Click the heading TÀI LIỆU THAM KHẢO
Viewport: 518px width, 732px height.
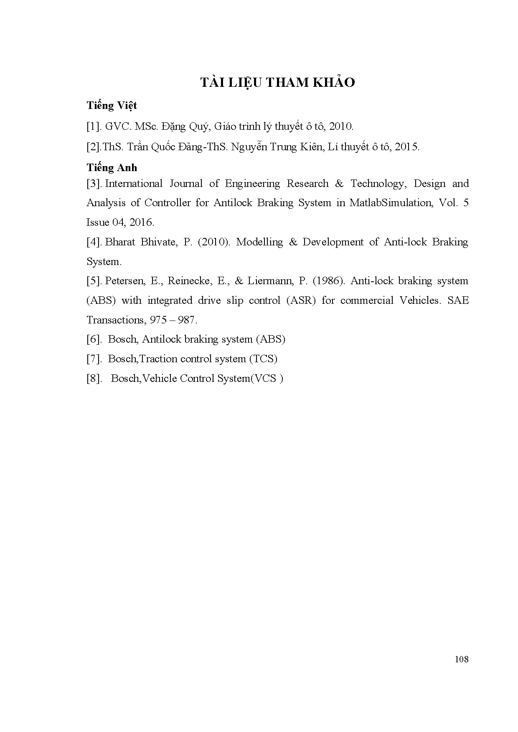click(277, 83)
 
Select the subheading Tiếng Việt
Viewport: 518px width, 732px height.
click(112, 106)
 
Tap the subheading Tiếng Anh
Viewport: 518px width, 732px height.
click(112, 167)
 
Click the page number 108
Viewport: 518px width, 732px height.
click(461, 659)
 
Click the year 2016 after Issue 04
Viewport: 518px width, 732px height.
click(142, 222)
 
